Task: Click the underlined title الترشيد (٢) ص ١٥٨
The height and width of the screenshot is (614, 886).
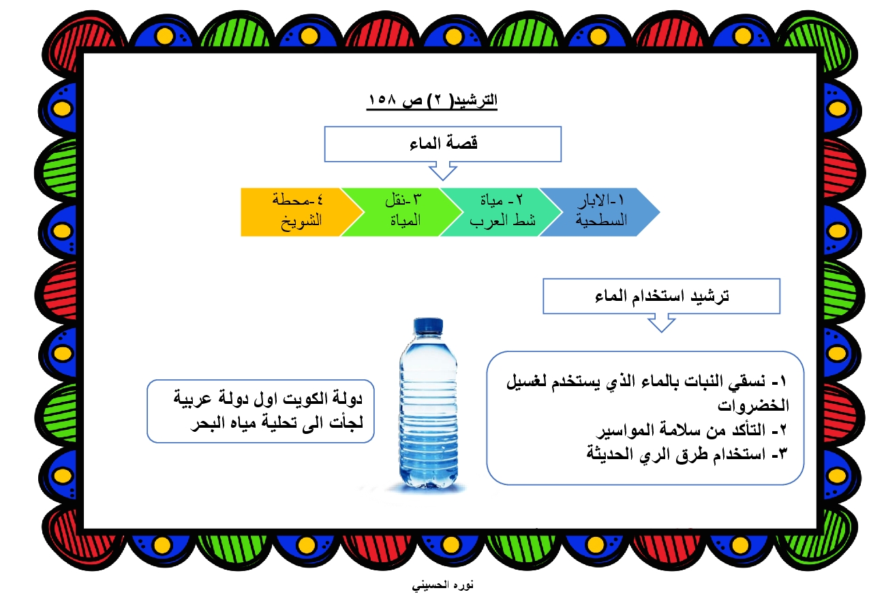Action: (x=432, y=100)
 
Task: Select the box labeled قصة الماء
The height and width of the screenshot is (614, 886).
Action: (x=442, y=144)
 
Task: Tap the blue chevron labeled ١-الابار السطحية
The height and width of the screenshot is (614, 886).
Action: (x=600, y=212)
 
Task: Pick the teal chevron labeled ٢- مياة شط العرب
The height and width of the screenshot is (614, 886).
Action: (x=501, y=212)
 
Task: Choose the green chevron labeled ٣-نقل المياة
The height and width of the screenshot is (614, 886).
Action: (x=402, y=212)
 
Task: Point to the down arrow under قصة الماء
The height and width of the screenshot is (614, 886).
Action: (x=442, y=171)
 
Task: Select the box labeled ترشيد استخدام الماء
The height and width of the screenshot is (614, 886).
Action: (x=661, y=296)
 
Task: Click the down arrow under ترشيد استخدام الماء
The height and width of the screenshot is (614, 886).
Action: (x=661, y=323)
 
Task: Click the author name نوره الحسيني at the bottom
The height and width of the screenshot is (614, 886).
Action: (x=442, y=585)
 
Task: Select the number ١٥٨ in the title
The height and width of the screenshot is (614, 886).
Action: (x=382, y=100)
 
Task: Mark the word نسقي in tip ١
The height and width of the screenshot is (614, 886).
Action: (x=747, y=381)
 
